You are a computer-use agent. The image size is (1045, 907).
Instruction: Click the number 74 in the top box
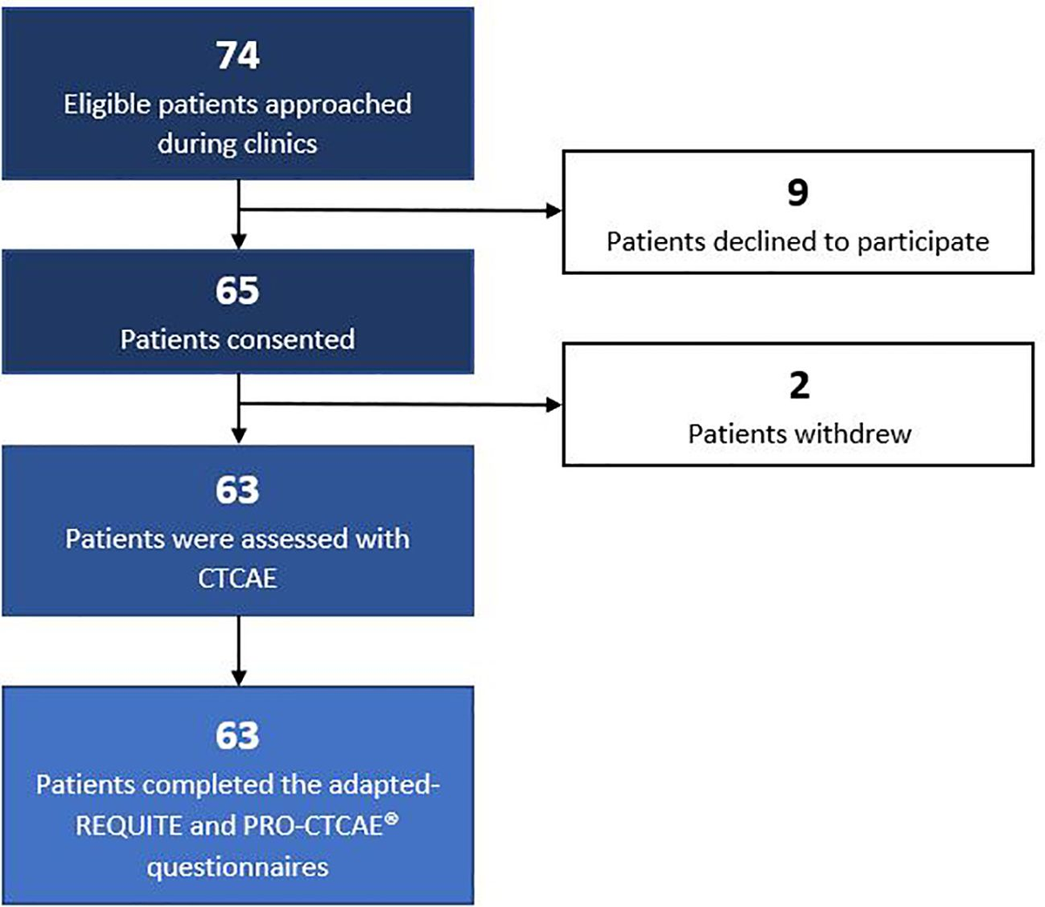click(x=237, y=55)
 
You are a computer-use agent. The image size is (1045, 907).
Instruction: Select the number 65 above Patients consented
click(x=237, y=291)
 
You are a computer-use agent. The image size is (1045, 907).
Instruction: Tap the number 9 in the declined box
click(x=798, y=192)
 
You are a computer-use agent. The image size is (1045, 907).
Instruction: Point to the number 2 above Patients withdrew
click(x=799, y=386)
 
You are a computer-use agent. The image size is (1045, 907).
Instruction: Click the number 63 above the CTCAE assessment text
click(x=237, y=490)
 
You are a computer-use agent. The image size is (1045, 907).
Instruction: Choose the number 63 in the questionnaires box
click(x=237, y=736)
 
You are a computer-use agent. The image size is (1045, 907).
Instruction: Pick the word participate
click(x=926, y=243)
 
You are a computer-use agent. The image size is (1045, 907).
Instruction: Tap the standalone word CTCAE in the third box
click(x=237, y=578)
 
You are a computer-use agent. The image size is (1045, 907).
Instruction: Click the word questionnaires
click(x=237, y=867)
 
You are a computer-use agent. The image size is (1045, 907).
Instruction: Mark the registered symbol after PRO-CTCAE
click(x=391, y=817)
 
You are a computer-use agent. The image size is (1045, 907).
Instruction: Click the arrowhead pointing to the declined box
click(x=554, y=211)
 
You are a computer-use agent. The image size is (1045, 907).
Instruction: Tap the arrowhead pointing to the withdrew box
click(x=554, y=405)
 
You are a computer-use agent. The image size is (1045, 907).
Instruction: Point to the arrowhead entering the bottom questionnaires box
click(x=238, y=677)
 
